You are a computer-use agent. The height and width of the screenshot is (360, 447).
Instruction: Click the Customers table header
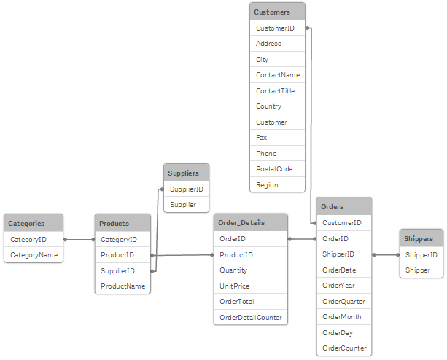[277, 12]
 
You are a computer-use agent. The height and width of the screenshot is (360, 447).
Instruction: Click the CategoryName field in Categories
[34, 254]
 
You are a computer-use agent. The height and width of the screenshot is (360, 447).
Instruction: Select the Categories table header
[34, 223]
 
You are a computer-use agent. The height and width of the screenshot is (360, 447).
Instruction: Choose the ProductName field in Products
[123, 286]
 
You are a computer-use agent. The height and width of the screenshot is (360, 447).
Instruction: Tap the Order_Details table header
[251, 222]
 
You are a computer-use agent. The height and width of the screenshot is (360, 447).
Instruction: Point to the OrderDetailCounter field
[251, 317]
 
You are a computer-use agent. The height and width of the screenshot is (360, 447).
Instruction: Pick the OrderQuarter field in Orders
[343, 301]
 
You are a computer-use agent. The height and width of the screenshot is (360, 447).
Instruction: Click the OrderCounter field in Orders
[343, 348]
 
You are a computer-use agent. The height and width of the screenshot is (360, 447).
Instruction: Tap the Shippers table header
[421, 238]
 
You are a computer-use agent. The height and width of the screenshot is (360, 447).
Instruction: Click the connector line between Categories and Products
[79, 239]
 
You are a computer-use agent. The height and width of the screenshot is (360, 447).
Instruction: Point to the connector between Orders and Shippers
[386, 255]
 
